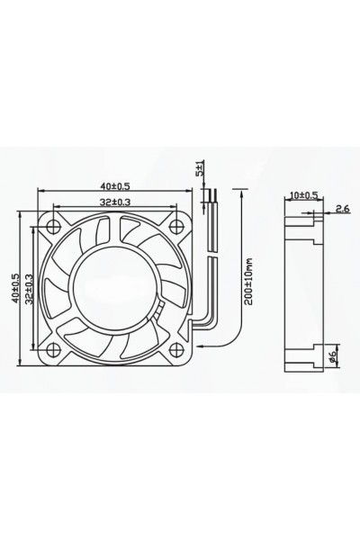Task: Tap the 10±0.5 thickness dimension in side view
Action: [x=303, y=195]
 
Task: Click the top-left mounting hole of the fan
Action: [x=56, y=224]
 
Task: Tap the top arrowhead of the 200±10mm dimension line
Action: [x=241, y=191]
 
